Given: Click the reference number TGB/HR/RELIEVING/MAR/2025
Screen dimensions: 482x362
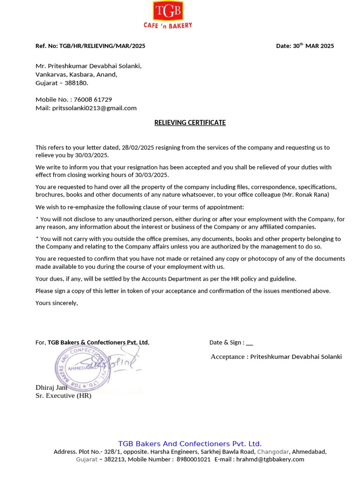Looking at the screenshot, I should click(102, 46).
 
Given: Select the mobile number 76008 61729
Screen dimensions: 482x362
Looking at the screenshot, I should click(92, 99).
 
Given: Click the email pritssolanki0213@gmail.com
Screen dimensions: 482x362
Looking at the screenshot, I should click(94, 108).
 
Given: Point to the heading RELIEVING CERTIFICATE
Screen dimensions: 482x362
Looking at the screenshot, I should click(190, 123).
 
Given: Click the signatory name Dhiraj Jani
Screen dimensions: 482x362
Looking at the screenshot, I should click(51, 387).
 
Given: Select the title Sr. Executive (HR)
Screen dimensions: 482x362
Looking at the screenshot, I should click(63, 395).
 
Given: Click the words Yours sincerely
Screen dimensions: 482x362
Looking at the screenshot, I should click(57, 303).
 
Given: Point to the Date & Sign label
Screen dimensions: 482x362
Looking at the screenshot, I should click(227, 342).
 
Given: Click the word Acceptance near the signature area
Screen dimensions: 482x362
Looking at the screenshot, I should click(228, 357).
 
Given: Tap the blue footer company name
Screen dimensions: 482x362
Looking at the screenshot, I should click(189, 444).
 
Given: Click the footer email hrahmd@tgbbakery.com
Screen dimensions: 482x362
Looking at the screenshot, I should click(270, 459).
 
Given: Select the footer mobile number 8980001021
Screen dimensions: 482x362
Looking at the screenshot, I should click(193, 459).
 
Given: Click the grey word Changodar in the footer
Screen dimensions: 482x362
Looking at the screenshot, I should click(273, 451).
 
